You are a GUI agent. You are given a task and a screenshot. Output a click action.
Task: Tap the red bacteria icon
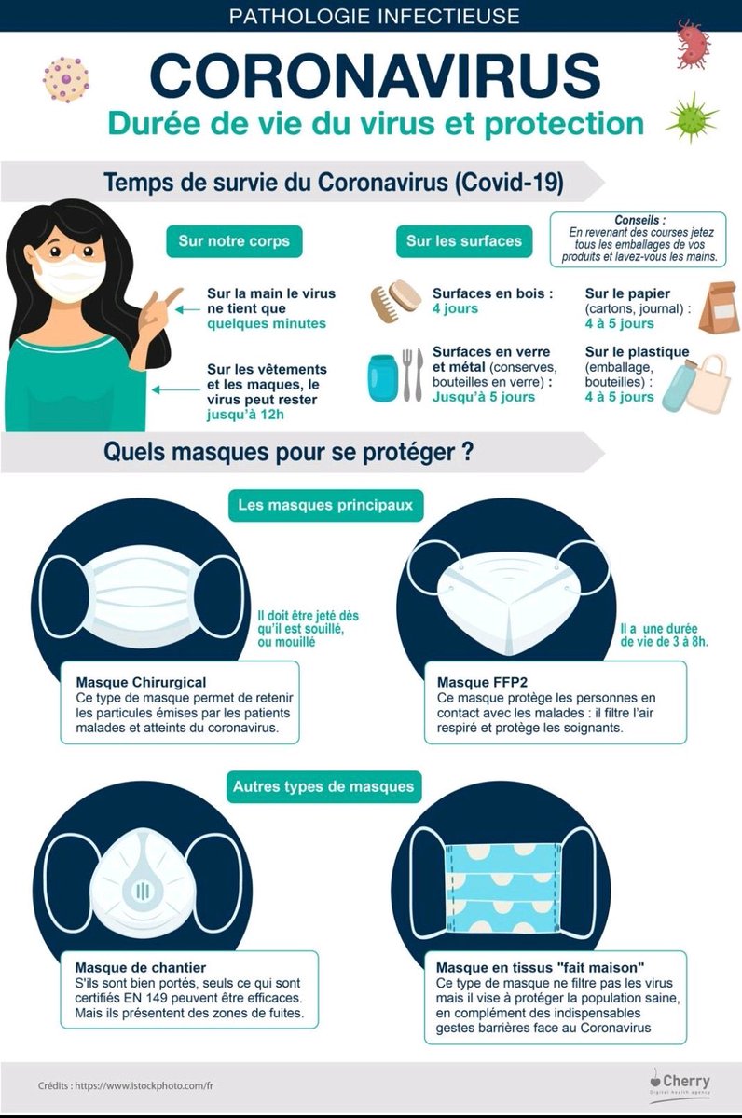click(694, 44)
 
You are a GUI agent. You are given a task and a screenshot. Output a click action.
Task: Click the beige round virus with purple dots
click(66, 79)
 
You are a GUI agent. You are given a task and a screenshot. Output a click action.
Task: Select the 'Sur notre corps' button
click(234, 241)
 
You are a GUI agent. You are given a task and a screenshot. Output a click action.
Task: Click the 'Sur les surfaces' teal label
click(464, 241)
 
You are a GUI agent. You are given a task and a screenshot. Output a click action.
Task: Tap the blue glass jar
click(383, 378)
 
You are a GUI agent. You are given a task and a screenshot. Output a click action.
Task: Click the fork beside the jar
click(407, 375)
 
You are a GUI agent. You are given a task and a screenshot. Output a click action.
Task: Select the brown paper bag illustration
click(718, 307)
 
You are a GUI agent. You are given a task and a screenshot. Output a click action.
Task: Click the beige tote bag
click(709, 383)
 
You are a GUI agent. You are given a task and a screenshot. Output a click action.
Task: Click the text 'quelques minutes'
click(267, 324)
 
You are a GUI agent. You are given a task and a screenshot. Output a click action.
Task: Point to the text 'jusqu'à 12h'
click(245, 415)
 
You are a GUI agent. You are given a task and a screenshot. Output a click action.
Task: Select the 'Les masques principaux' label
click(325, 505)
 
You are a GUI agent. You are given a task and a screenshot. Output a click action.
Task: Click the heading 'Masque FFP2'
click(482, 682)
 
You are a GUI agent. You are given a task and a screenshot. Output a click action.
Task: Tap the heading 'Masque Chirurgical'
click(142, 682)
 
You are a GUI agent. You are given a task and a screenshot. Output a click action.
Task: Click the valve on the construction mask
click(143, 891)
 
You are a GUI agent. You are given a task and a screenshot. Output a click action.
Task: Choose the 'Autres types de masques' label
click(324, 787)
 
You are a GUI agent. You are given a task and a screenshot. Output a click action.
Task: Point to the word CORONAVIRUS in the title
click(375, 75)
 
